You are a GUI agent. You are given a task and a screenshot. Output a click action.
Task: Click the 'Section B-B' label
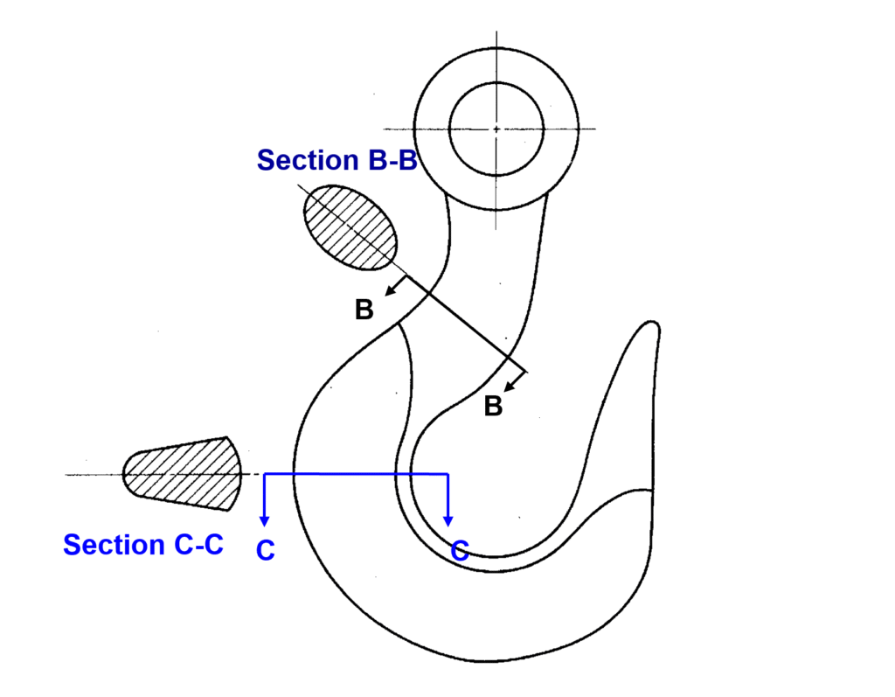pyautogui.click(x=336, y=161)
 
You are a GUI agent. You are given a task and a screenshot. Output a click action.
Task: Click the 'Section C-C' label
pyautogui.click(x=143, y=545)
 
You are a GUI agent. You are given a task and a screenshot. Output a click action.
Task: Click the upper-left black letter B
pyautogui.click(x=364, y=310)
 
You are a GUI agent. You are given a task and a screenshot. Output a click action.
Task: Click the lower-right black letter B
pyautogui.click(x=493, y=407)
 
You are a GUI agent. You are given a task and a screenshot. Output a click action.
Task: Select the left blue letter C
pyautogui.click(x=266, y=551)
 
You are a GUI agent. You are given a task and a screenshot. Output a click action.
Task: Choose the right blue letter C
pyautogui.click(x=460, y=550)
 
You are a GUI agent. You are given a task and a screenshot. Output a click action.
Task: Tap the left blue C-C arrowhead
pyautogui.click(x=264, y=521)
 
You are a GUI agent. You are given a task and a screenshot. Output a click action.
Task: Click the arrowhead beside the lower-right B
pyautogui.click(x=511, y=386)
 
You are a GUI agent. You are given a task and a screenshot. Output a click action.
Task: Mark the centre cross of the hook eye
pyautogui.click(x=496, y=129)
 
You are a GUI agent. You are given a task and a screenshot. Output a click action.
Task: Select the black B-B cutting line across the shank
pyautogui.click(x=463, y=323)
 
